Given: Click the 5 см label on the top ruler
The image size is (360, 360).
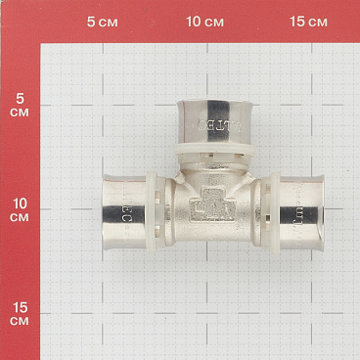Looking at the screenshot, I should [x=102, y=22].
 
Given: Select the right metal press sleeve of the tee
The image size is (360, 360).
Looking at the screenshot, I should [x=295, y=211].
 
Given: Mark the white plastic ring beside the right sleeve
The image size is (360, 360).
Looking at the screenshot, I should [x=264, y=211].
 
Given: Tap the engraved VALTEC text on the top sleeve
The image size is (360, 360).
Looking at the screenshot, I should [x=214, y=125].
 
